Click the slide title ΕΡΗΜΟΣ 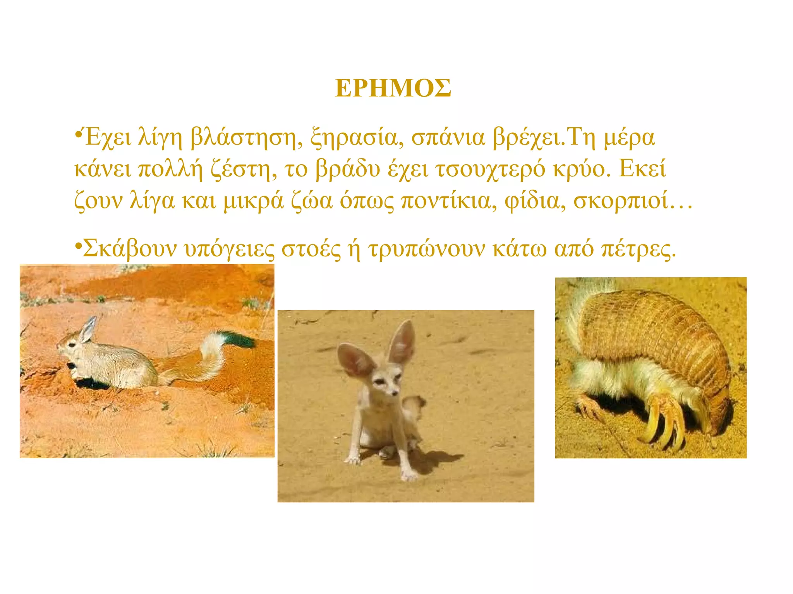tap(393, 89)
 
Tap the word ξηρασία tap(354, 138)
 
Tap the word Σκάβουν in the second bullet tap(130, 249)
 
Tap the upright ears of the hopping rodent tap(88, 329)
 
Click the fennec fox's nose tap(394, 394)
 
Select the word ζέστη tap(244, 169)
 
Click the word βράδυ tap(348, 169)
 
